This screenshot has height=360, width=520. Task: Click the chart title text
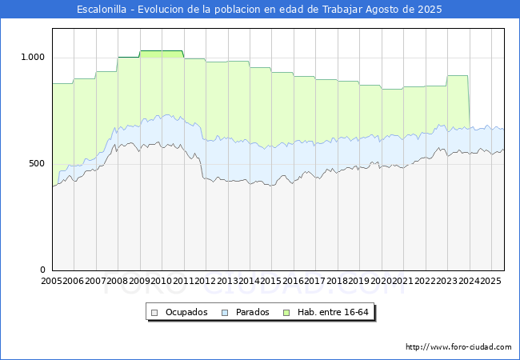(260, 10)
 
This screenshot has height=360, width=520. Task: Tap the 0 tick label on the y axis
(43, 270)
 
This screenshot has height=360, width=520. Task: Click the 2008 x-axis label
(118, 282)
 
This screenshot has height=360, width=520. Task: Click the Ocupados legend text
(186, 312)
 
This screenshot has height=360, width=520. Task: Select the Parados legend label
(252, 312)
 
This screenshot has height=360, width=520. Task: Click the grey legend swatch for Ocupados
(155, 312)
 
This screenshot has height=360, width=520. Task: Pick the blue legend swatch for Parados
(226, 312)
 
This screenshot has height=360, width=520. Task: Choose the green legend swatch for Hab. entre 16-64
(287, 312)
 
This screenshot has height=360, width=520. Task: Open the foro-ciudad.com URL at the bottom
(458, 347)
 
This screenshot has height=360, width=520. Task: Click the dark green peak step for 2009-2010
(162, 53)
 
